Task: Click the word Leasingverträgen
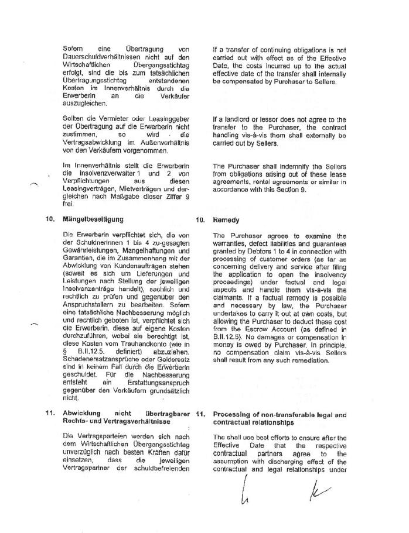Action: tap(92, 189)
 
